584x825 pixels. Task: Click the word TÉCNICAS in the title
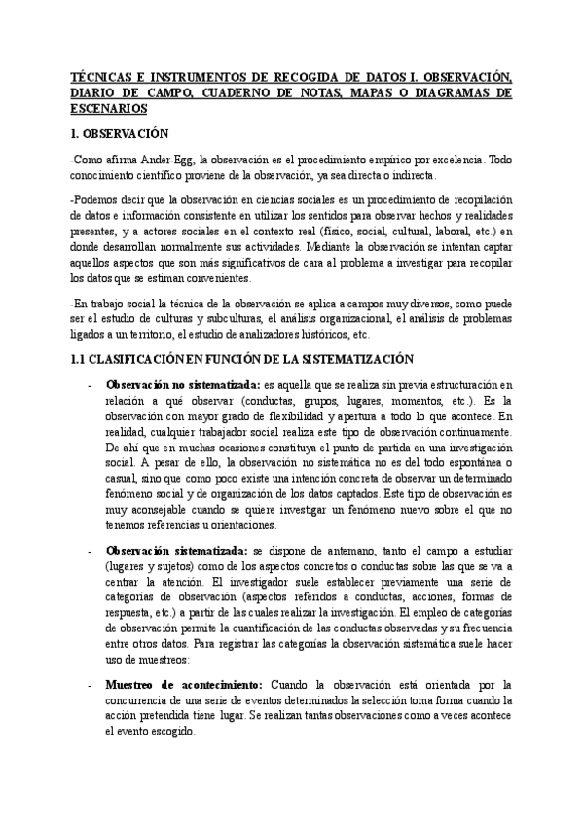click(102, 75)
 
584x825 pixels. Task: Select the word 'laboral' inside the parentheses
click(429, 233)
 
